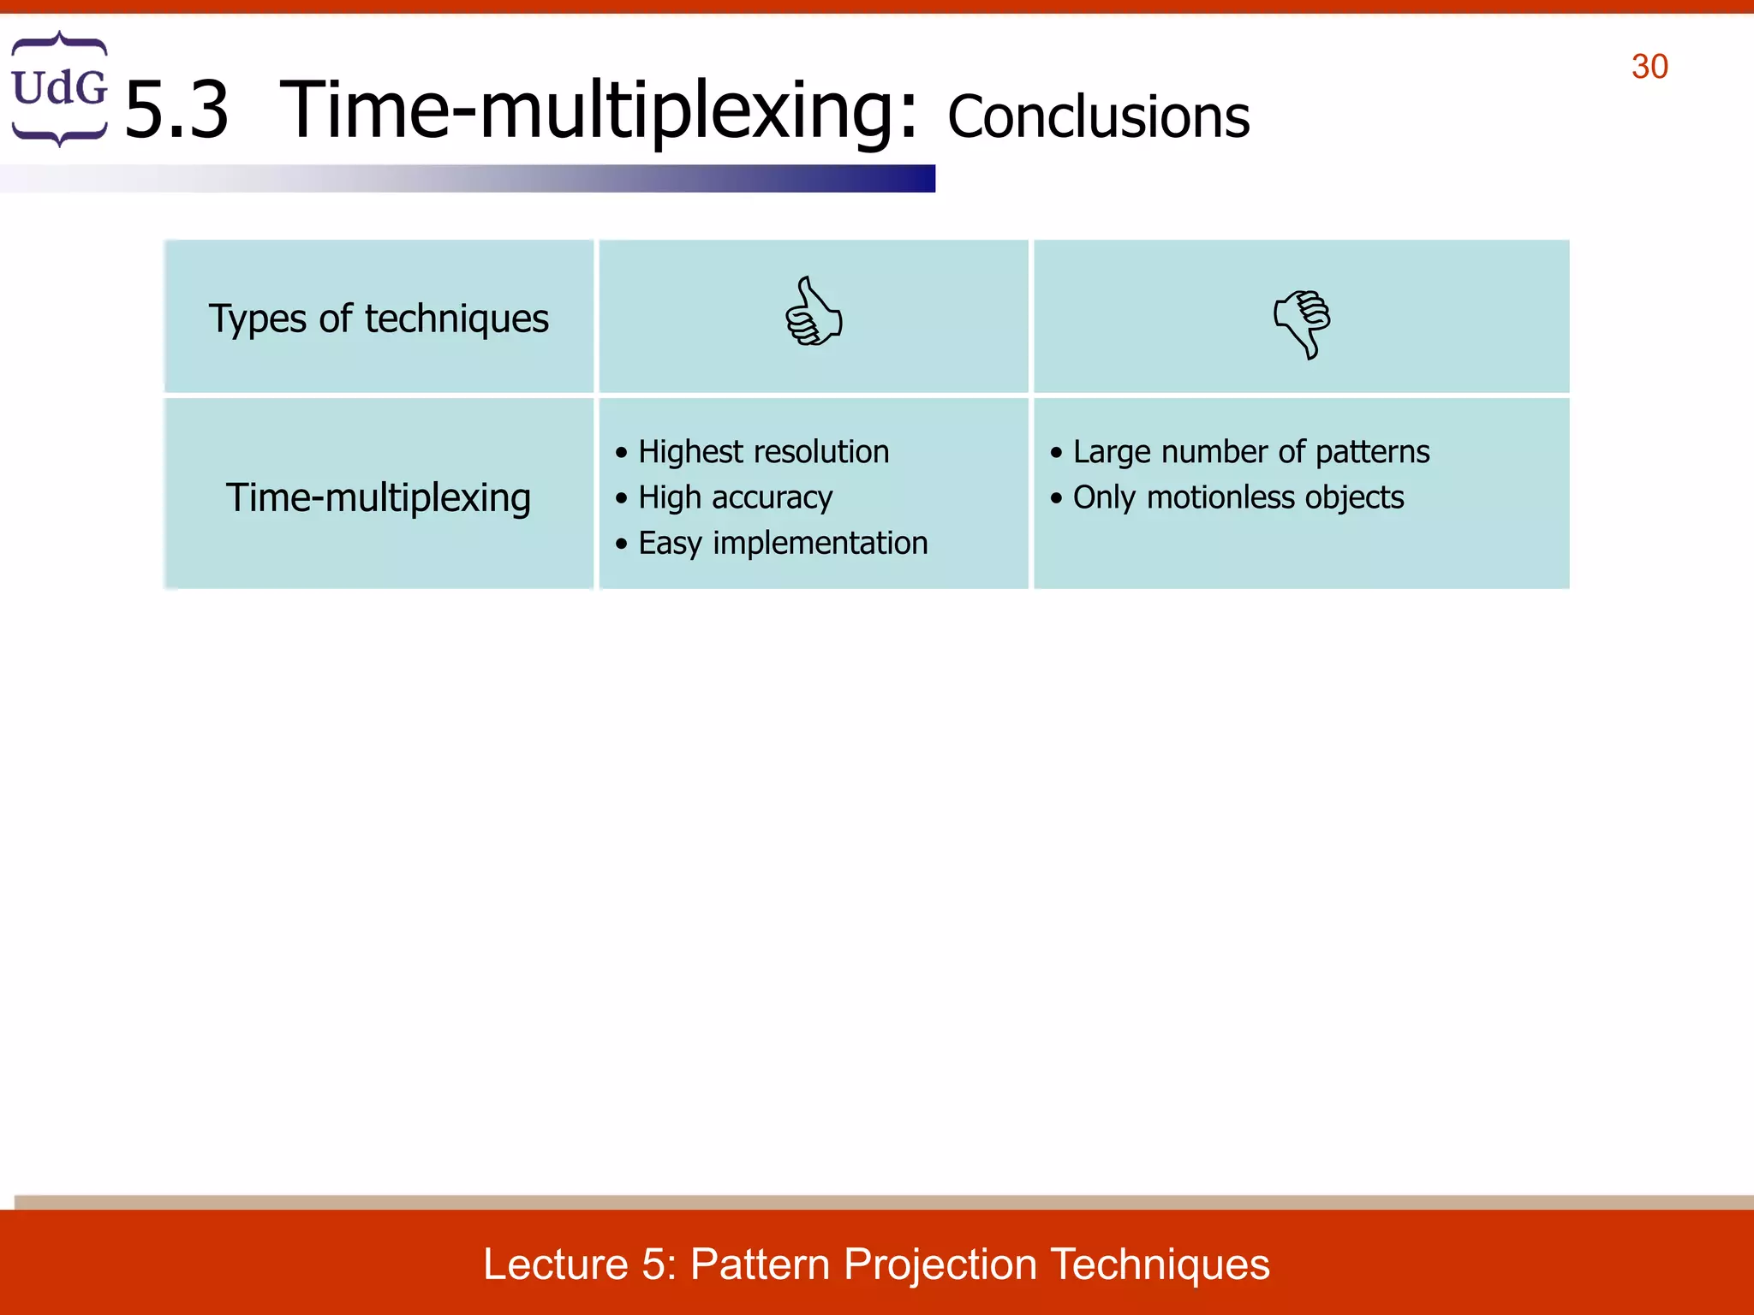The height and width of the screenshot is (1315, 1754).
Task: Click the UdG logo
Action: click(x=59, y=88)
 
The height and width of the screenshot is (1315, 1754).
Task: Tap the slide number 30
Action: click(x=1650, y=67)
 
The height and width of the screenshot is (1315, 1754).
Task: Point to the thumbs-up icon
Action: click(x=813, y=312)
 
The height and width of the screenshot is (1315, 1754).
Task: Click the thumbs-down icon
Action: click(x=1302, y=323)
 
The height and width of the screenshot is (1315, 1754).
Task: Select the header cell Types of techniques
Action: click(x=379, y=318)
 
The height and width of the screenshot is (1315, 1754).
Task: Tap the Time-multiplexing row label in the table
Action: click(x=379, y=497)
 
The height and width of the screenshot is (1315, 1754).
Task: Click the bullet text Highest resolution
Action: click(x=763, y=451)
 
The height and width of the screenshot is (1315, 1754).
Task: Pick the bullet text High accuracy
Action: click(x=735, y=497)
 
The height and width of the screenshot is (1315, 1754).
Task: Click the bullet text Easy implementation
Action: click(x=783, y=543)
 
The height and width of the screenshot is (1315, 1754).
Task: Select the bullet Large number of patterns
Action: click(x=1250, y=451)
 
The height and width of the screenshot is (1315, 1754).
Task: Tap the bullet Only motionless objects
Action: click(x=1238, y=497)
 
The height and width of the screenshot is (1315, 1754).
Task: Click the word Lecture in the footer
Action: click(x=556, y=1264)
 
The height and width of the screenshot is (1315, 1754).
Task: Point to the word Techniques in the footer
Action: click(x=1160, y=1264)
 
